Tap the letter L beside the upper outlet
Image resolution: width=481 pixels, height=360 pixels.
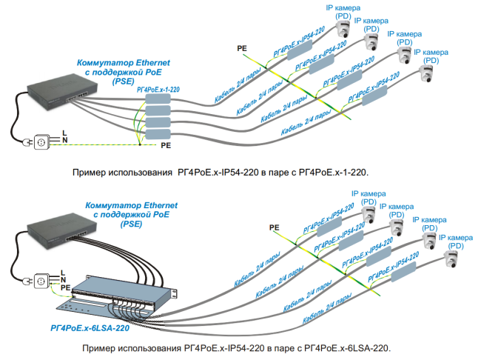(x=64, y=131)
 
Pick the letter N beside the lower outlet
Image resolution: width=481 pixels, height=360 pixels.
(x=64, y=277)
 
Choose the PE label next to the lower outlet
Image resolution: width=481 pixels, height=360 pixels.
(x=65, y=286)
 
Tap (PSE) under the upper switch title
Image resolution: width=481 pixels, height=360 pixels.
(x=123, y=82)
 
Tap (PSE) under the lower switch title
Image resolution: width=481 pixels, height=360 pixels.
(x=131, y=223)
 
